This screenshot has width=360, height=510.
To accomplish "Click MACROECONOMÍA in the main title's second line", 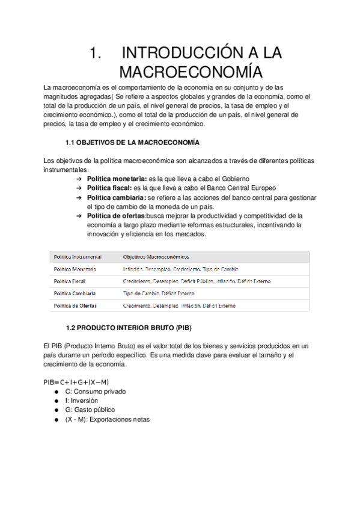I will click(191, 72).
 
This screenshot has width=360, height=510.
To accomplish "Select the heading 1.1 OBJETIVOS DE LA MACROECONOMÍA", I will click(132, 143).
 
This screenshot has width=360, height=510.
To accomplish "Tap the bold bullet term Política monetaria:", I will click(117, 179).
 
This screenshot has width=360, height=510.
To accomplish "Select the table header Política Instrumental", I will click(78, 256).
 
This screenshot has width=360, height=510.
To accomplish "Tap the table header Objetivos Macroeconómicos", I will click(155, 256).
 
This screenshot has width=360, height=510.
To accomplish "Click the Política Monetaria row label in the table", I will click(75, 269).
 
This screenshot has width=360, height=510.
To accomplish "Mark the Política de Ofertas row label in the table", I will click(76, 306).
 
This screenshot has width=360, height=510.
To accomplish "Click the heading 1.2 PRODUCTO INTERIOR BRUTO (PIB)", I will click(128, 328).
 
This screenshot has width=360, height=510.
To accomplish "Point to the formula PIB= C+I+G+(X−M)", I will click(76, 382).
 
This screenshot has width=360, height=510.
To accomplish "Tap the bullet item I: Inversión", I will click(85, 401).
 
